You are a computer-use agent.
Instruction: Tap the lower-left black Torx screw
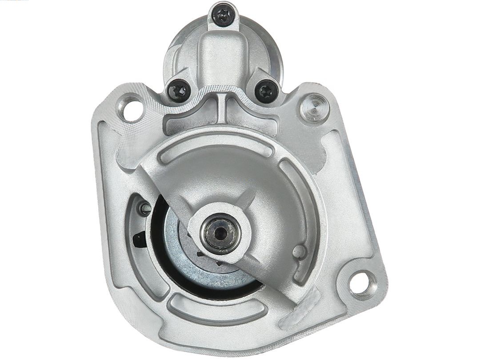tap(179, 92)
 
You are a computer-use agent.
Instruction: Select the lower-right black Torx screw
tap(267, 91)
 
